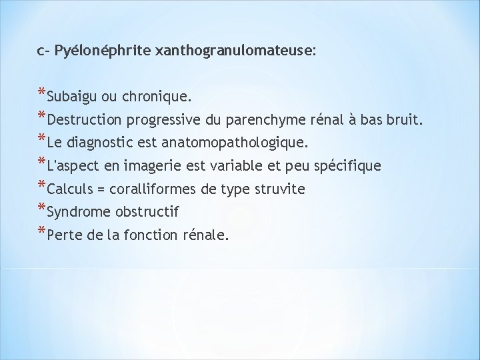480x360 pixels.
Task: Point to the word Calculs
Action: [x=71, y=189]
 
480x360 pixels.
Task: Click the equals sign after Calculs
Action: [x=101, y=189]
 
